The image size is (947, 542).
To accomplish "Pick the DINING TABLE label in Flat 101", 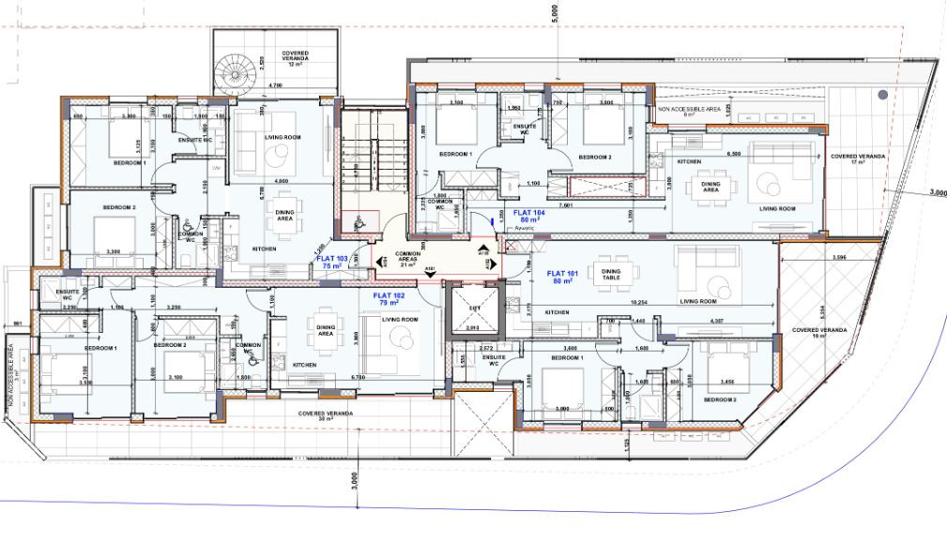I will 611,274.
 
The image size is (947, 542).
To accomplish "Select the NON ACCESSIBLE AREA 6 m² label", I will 689,112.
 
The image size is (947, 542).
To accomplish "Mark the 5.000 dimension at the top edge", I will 555,14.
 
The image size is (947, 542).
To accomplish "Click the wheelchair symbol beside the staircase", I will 360,222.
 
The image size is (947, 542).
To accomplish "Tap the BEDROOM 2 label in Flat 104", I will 594,157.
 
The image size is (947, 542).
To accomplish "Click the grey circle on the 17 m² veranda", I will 882,95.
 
